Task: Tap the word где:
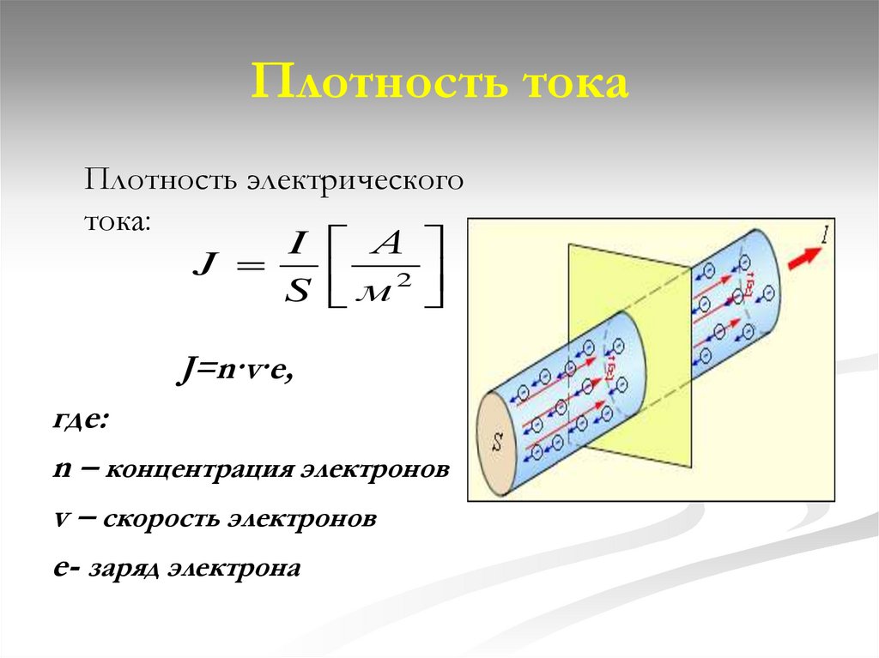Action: pos(80,422)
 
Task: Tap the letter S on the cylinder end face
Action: pos(497,443)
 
